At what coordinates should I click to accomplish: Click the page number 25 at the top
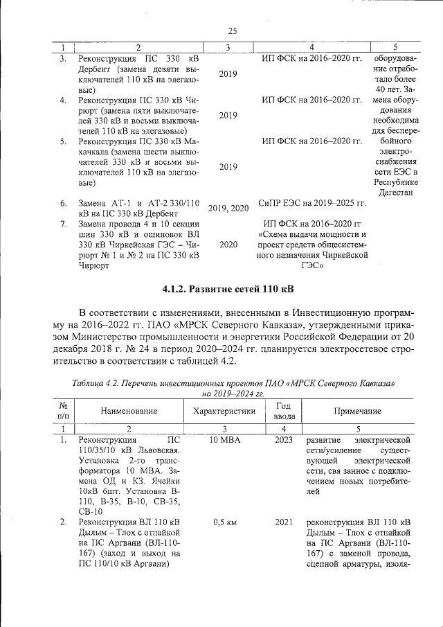pyautogui.click(x=232, y=30)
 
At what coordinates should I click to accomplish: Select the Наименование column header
pyautogui.click(x=129, y=411)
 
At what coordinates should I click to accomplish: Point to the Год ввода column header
pyautogui.click(x=282, y=411)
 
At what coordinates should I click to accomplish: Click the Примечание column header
pyautogui.click(x=357, y=411)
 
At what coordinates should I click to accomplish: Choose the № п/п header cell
pyautogui.click(x=63, y=411)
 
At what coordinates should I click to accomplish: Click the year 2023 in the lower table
pyautogui.click(x=283, y=440)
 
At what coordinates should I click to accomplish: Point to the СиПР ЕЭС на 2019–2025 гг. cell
pyautogui.click(x=311, y=204)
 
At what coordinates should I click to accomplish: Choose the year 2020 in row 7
pyautogui.click(x=228, y=245)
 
